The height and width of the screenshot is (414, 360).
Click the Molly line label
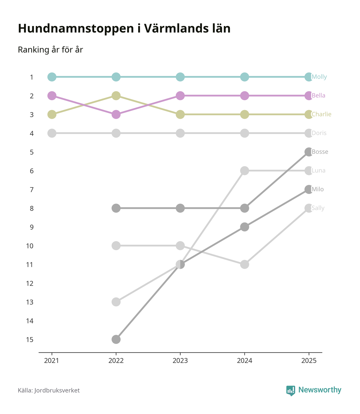pyautogui.click(x=319, y=77)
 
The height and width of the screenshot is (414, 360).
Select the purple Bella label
pyautogui.click(x=318, y=96)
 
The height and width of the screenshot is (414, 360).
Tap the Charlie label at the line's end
pyautogui.click(x=321, y=114)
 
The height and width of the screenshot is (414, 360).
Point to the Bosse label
pyautogui.click(x=320, y=152)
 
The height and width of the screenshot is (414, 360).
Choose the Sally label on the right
pyautogui.click(x=318, y=208)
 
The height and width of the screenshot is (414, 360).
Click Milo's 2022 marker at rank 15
pyautogui.click(x=116, y=339)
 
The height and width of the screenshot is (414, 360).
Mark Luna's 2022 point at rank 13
pyautogui.click(x=116, y=302)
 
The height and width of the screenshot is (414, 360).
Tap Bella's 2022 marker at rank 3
pyautogui.click(x=116, y=114)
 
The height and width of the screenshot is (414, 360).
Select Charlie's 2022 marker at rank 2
pyautogui.click(x=116, y=96)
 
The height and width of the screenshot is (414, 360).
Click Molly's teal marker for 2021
pyautogui.click(x=52, y=77)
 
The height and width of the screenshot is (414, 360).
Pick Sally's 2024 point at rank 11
pyautogui.click(x=244, y=264)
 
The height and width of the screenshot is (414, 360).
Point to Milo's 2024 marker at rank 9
pyautogui.click(x=244, y=227)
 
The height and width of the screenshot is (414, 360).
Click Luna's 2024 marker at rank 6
pyautogui.click(x=244, y=171)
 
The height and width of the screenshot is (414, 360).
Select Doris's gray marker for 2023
pyautogui.click(x=180, y=133)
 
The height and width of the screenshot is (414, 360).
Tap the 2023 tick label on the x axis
pyautogui.click(x=180, y=361)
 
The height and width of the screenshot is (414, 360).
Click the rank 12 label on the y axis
pyautogui.click(x=30, y=283)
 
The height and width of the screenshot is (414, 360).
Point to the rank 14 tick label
pyautogui.click(x=30, y=321)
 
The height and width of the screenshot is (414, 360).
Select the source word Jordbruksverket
pyautogui.click(x=57, y=390)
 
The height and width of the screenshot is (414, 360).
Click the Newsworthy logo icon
pyautogui.click(x=290, y=390)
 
